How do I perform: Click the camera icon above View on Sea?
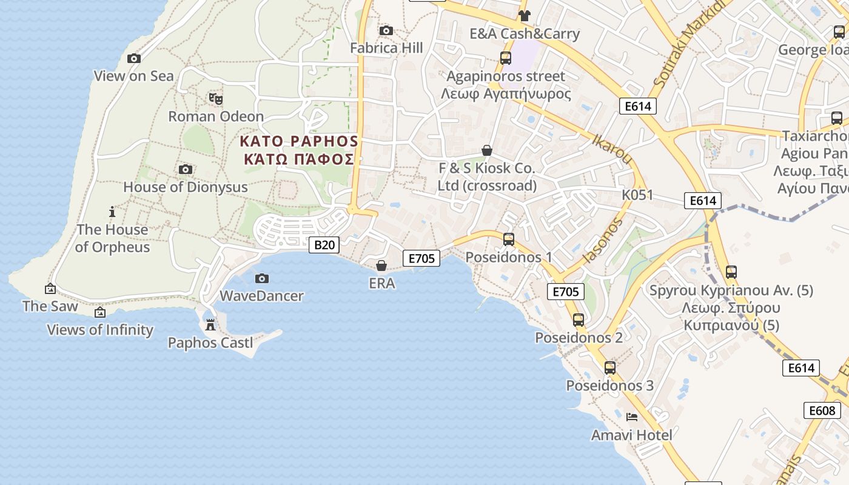(134, 59)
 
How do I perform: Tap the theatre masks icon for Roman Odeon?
(215, 98)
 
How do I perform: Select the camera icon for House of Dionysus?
(186, 170)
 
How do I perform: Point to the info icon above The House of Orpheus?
(112, 212)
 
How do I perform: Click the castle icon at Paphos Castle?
(210, 325)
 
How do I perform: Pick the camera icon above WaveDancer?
(262, 278)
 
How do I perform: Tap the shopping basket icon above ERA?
(381, 266)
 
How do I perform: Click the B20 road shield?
(324, 245)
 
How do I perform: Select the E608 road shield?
(823, 410)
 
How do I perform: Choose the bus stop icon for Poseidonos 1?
(509, 239)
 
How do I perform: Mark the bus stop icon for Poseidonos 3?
(610, 368)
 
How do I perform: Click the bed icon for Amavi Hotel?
(632, 417)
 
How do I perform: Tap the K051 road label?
(637, 195)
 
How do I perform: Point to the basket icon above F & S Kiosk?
(487, 150)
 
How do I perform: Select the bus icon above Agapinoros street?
(506, 58)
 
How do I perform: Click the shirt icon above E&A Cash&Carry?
(525, 16)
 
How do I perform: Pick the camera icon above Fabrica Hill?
(386, 30)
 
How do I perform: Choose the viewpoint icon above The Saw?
(50, 289)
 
